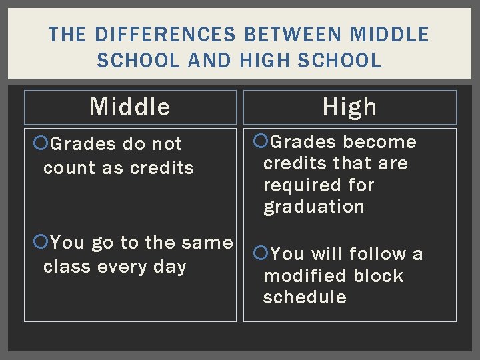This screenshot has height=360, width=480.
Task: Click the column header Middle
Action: (x=130, y=107)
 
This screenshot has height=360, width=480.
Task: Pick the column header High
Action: (x=350, y=107)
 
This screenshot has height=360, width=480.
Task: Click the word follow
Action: (x=378, y=254)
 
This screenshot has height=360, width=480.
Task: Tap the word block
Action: (x=379, y=276)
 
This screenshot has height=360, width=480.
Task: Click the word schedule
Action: (x=305, y=297)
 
